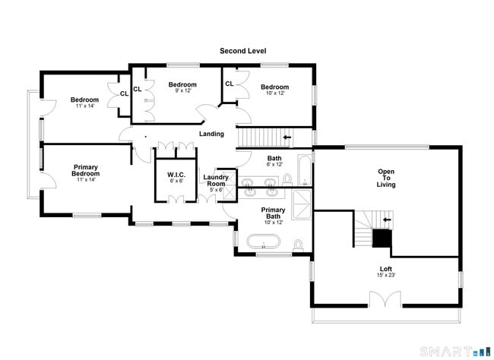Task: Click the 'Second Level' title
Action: (x=242, y=51)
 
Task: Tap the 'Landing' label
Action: (x=211, y=134)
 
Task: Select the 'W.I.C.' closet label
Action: (x=176, y=175)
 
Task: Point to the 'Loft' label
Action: (x=386, y=269)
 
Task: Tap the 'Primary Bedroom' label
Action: (x=85, y=169)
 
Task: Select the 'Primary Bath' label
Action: (x=273, y=213)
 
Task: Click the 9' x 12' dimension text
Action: (x=182, y=91)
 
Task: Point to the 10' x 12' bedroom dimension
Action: (x=274, y=93)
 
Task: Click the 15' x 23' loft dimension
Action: (x=386, y=276)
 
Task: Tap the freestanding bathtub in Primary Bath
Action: (x=263, y=243)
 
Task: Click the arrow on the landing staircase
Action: (x=287, y=137)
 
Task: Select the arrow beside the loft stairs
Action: (x=387, y=220)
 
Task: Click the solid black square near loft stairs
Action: (x=382, y=238)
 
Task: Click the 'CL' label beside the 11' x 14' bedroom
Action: (x=124, y=94)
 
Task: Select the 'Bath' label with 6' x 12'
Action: (x=274, y=158)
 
